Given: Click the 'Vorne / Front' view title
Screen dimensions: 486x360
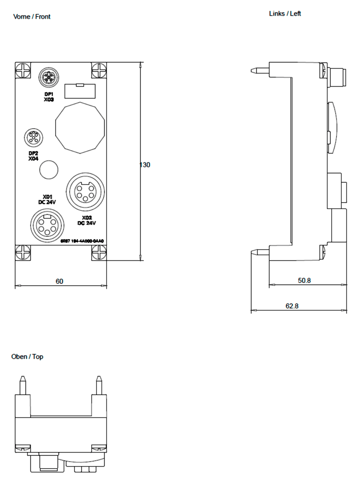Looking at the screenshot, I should [32, 17].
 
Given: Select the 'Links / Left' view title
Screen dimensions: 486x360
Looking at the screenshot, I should [285, 14].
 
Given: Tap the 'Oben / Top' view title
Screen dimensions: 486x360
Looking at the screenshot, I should [27, 357].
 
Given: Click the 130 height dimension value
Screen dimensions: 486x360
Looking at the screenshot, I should [145, 165].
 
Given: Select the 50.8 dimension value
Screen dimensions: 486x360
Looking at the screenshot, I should [305, 280].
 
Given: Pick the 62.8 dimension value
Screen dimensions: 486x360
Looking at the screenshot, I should [292, 306].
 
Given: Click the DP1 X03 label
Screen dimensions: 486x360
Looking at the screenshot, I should [49, 96].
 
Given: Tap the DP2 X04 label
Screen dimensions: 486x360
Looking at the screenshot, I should [33, 156].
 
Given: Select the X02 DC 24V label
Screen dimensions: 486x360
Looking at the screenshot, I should [87, 221].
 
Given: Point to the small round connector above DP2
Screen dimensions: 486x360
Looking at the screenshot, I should [33, 138].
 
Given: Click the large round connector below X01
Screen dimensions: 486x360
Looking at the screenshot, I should [45, 224].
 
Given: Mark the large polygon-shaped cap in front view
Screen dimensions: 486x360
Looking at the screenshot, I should [80, 127].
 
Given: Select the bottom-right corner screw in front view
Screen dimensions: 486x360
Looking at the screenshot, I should [99, 251].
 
